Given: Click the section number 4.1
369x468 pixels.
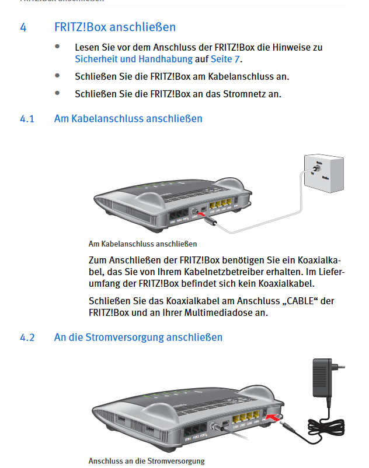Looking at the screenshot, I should [x=27, y=119].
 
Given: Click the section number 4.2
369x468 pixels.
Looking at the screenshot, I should [x=27, y=337].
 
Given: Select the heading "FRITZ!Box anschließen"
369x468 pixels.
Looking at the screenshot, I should [x=115, y=27].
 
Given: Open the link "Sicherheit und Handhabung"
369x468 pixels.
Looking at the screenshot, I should [x=134, y=59].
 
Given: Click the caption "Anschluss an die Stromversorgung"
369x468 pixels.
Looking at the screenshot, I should [x=147, y=461].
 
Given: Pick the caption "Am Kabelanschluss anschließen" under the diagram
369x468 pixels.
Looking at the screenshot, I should [x=142, y=244].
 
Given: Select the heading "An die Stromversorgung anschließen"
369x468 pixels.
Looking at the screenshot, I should [x=138, y=337].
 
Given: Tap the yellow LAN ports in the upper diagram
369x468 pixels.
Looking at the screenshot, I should [x=221, y=206].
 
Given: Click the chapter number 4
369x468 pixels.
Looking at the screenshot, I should [x=23, y=27].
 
